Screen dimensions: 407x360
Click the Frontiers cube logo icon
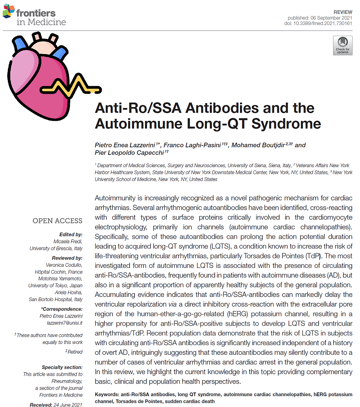(9, 11)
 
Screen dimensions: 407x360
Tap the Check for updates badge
(342, 46)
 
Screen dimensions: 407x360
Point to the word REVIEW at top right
(342, 12)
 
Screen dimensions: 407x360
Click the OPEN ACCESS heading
(57, 221)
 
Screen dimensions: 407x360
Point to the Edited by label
(71, 235)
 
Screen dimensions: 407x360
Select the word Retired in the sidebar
(75, 352)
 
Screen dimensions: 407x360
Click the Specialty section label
(62, 367)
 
